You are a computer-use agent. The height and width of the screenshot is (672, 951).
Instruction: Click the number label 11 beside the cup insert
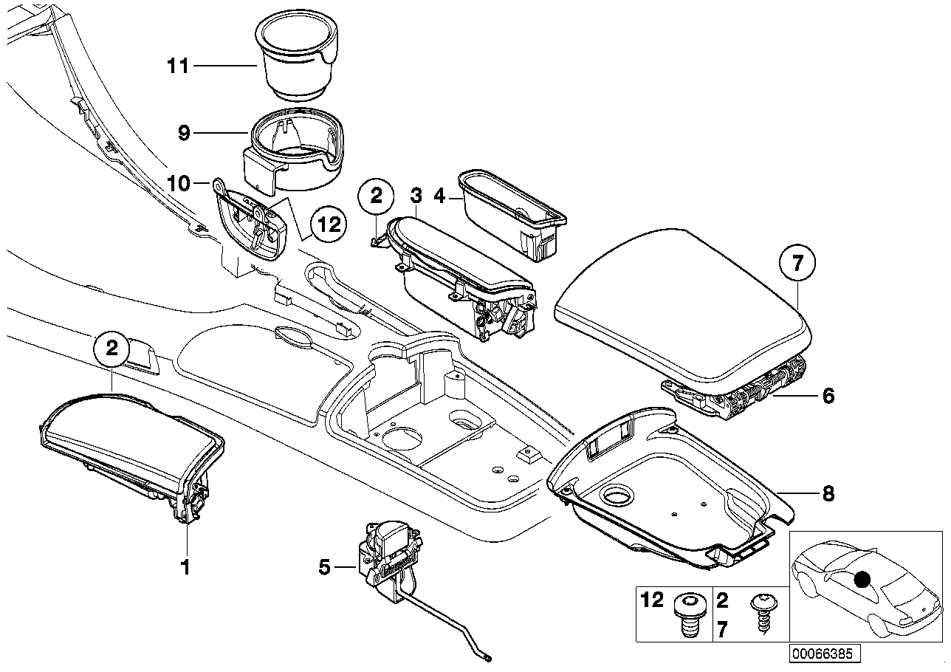(177, 67)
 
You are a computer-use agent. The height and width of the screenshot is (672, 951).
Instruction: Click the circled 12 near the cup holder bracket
(328, 223)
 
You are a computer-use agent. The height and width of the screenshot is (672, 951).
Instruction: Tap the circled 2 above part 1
(111, 349)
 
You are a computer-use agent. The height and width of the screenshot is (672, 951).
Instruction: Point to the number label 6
(828, 397)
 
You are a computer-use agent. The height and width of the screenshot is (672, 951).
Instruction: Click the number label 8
(828, 493)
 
